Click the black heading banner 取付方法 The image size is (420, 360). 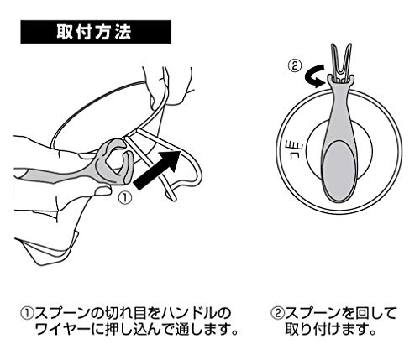(x=96, y=32)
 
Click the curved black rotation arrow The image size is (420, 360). (x=315, y=76)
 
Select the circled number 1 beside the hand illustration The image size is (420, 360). (x=124, y=198)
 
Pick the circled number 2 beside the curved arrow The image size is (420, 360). (x=295, y=66)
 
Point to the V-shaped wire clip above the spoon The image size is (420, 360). (x=341, y=62)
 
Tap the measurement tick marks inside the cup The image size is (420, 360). (x=292, y=149)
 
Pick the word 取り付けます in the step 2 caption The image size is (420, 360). (x=326, y=330)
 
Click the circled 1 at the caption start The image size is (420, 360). (x=28, y=314)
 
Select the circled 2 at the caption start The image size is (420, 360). (x=277, y=313)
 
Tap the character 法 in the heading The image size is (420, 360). (x=123, y=32)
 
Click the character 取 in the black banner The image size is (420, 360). (x=66, y=32)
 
